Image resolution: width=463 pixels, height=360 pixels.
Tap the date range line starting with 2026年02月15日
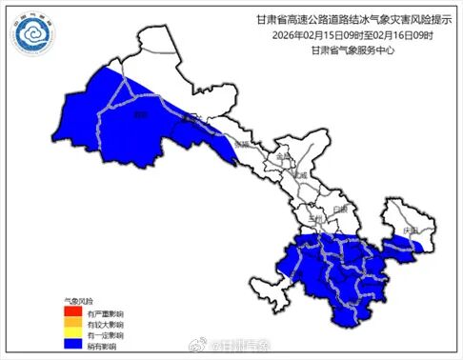tap(332, 36)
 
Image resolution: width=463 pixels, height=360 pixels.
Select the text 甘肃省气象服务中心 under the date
tap(332, 51)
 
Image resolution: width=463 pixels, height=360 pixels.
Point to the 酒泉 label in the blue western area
tap(142, 115)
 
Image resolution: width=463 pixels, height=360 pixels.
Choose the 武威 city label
tap(302, 176)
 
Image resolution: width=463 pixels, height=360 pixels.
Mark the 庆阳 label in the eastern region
tap(410, 231)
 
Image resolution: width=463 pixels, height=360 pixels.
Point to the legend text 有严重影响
tap(103, 310)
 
